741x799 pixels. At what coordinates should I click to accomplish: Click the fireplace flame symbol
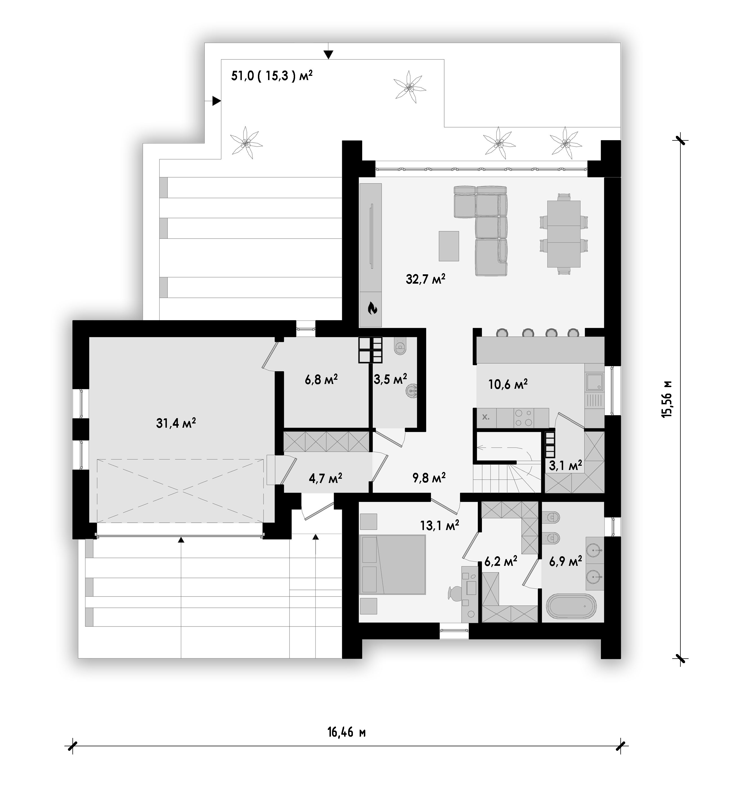[373, 308]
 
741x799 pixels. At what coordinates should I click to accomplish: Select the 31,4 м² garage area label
[176, 423]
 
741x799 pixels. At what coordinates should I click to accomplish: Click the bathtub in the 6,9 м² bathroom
[571, 607]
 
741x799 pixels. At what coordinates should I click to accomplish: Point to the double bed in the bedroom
[393, 564]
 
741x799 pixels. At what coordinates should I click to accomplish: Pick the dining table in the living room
[564, 234]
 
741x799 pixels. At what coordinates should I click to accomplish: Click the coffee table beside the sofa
[449, 246]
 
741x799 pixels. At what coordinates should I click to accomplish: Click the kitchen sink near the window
[594, 382]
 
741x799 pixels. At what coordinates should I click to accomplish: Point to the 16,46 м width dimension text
[346, 732]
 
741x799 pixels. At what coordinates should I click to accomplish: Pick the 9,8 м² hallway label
[429, 477]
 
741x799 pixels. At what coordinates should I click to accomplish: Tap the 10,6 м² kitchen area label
[508, 384]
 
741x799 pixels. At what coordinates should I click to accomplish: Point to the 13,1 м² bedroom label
[439, 525]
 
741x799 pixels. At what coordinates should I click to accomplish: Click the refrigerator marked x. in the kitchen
[486, 418]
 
